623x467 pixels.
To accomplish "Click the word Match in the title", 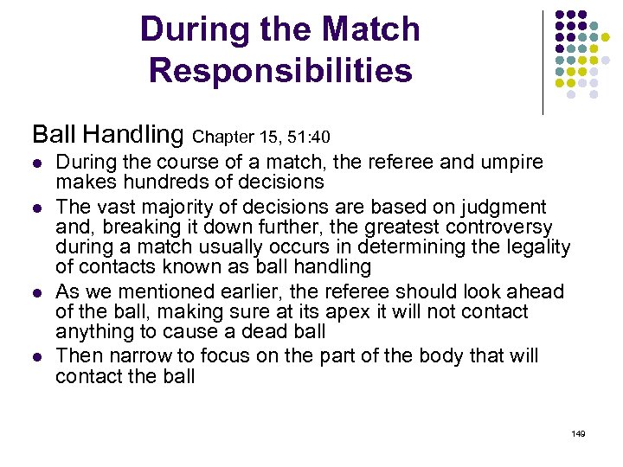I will click(x=369, y=29).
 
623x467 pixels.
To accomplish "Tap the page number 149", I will click(x=578, y=432).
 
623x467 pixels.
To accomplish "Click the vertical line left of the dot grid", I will click(x=543, y=61).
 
